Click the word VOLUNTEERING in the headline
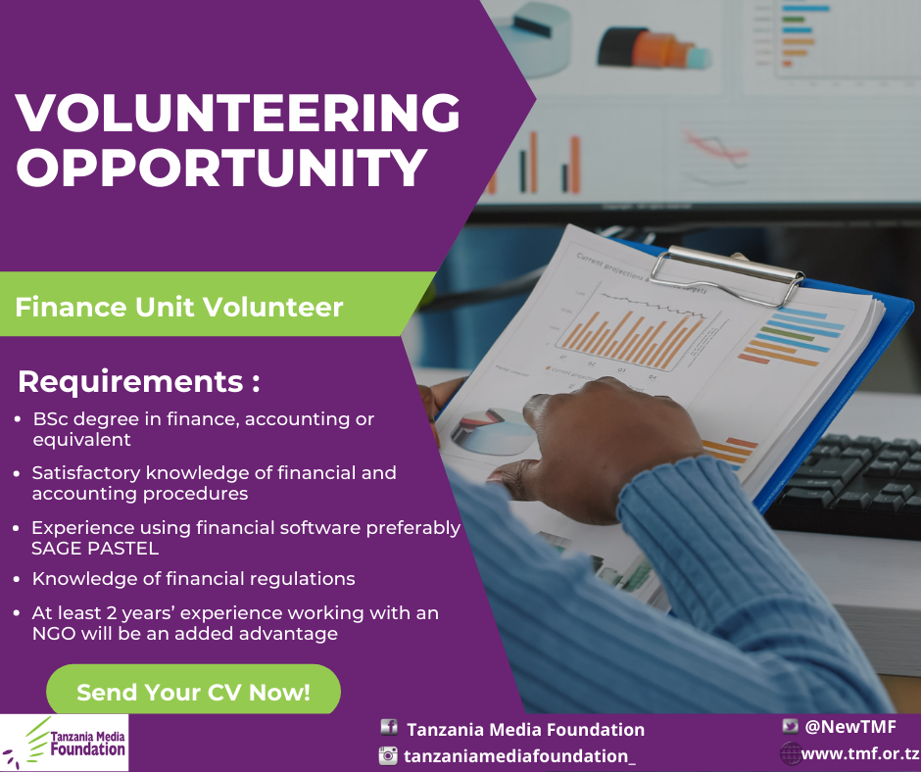tap(238, 113)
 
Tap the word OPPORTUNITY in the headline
tap(221, 167)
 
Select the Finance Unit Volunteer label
tap(179, 307)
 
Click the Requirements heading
tap(138, 381)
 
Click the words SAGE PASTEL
tap(95, 549)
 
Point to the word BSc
tap(51, 419)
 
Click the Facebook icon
tap(389, 727)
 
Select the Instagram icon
tap(388, 755)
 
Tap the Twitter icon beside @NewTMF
tap(790, 727)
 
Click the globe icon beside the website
tap(790, 752)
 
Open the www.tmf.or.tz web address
tap(860, 753)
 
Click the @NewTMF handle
tap(850, 727)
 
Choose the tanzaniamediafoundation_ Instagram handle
tap(520, 756)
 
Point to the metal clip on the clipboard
tap(727, 275)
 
